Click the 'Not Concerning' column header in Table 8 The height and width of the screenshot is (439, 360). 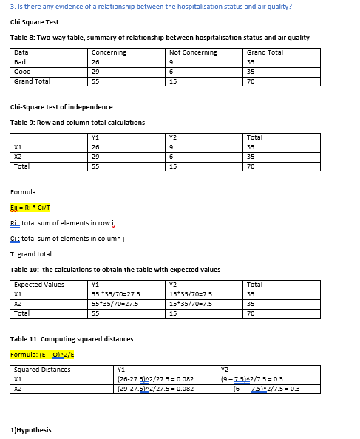point(193,52)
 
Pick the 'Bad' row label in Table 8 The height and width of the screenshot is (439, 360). point(20,62)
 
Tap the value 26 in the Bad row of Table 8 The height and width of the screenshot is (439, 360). point(95,62)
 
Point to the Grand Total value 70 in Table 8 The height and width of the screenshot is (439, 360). point(251,81)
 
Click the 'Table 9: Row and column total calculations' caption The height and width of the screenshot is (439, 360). point(78,122)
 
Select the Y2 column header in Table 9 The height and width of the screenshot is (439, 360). point(173,137)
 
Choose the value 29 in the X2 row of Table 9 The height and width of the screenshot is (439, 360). point(95,157)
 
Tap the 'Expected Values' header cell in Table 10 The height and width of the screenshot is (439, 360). point(39,284)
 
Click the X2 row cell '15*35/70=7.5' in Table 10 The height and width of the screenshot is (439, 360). point(191,303)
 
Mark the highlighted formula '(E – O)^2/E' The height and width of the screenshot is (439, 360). point(41,354)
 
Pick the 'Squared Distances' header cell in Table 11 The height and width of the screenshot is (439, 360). point(42,369)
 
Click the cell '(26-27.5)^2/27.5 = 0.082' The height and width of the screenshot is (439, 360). point(155,378)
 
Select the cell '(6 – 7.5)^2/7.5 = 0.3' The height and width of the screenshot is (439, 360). point(265,388)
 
